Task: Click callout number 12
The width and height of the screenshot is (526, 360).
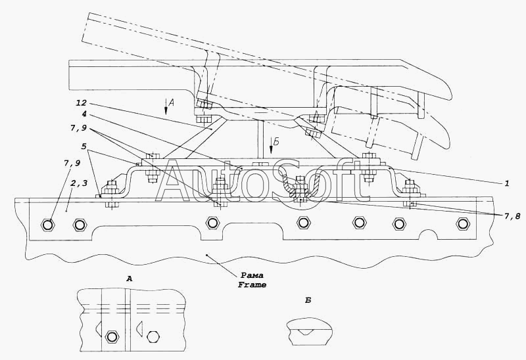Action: coord(80,103)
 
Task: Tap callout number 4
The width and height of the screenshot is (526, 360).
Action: coord(84,114)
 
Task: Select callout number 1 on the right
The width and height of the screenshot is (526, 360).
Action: coord(507,183)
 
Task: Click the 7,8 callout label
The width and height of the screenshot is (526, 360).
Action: coord(512,217)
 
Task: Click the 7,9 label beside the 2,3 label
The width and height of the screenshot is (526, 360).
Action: coord(72,164)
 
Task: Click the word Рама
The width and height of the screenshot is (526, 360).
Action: coord(252,275)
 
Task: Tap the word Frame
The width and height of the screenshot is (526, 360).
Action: coord(252,285)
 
